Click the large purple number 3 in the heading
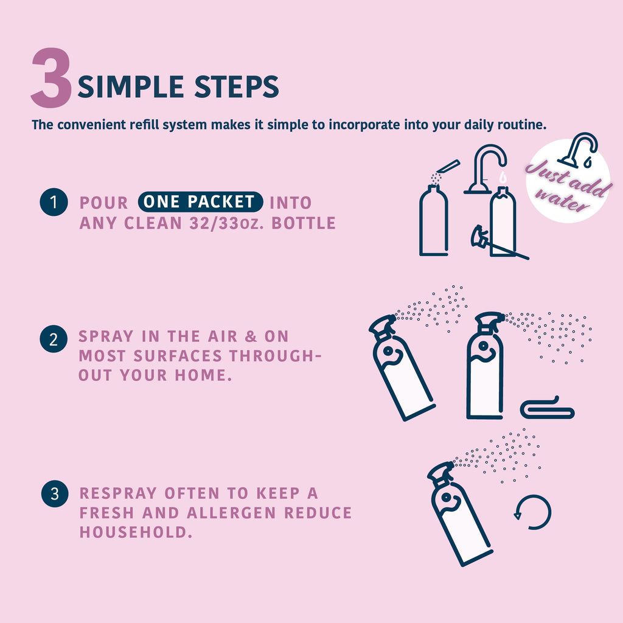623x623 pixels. pyautogui.click(x=52, y=77)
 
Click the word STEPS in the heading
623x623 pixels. pyautogui.click(x=237, y=86)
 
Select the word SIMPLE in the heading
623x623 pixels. pyautogui.click(x=131, y=86)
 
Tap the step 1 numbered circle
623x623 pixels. pyautogui.click(x=54, y=202)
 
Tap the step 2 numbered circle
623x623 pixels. pyautogui.click(x=54, y=339)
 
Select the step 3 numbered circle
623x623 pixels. pyautogui.click(x=55, y=493)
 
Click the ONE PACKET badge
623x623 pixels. pyautogui.click(x=200, y=202)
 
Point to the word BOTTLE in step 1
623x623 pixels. pyautogui.click(x=304, y=223)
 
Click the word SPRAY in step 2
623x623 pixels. pyautogui.click(x=106, y=336)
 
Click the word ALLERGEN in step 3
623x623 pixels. pyautogui.click(x=231, y=512)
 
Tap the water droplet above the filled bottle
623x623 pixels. pyautogui.click(x=503, y=177)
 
